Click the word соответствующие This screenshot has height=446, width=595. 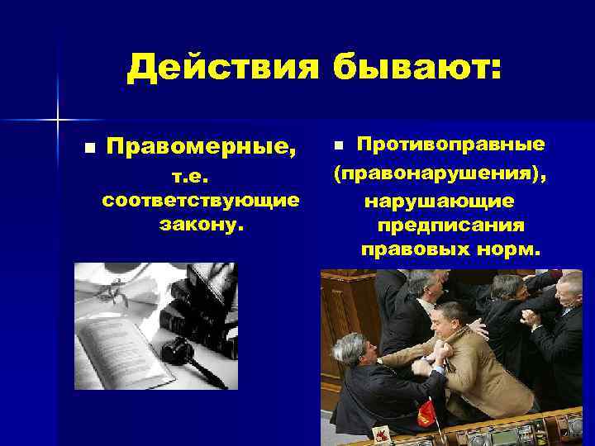coord(199,201)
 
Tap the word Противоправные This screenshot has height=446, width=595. coord(450,145)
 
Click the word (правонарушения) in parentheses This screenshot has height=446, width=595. coord(440,175)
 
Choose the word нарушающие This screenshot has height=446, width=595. coord(440,202)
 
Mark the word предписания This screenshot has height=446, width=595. coord(450,225)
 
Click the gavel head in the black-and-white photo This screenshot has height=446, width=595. coord(176,351)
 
